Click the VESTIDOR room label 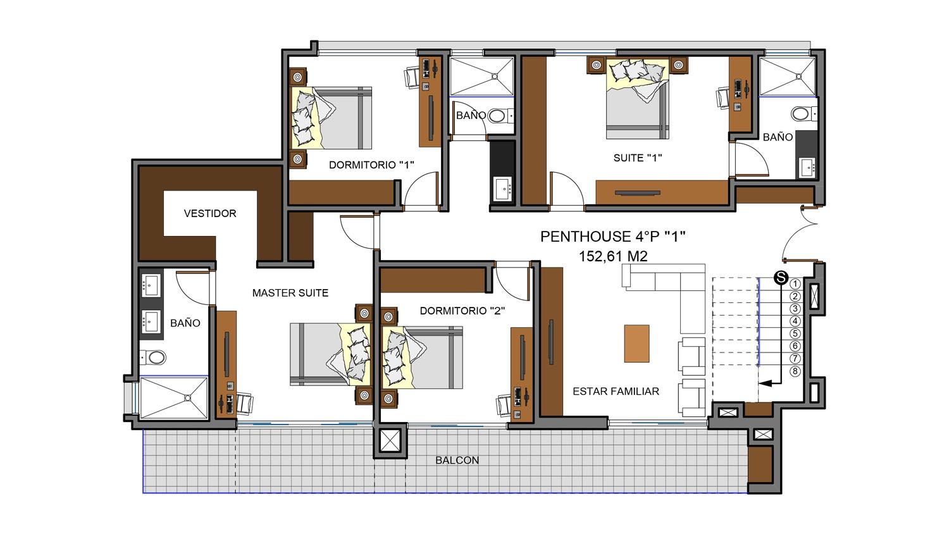[209, 213]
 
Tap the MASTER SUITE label [290, 293]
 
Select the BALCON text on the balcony [457, 460]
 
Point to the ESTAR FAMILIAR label [616, 391]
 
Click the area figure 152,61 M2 [613, 256]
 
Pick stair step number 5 [795, 333]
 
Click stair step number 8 [795, 371]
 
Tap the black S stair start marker [781, 278]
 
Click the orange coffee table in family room [636, 344]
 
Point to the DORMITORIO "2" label [462, 311]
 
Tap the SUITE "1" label [638, 158]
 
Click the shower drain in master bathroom [187, 398]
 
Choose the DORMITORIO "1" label [371, 165]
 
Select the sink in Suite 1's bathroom [807, 168]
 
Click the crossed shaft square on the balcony [390, 440]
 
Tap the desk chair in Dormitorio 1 [411, 77]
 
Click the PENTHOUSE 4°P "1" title [612, 237]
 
